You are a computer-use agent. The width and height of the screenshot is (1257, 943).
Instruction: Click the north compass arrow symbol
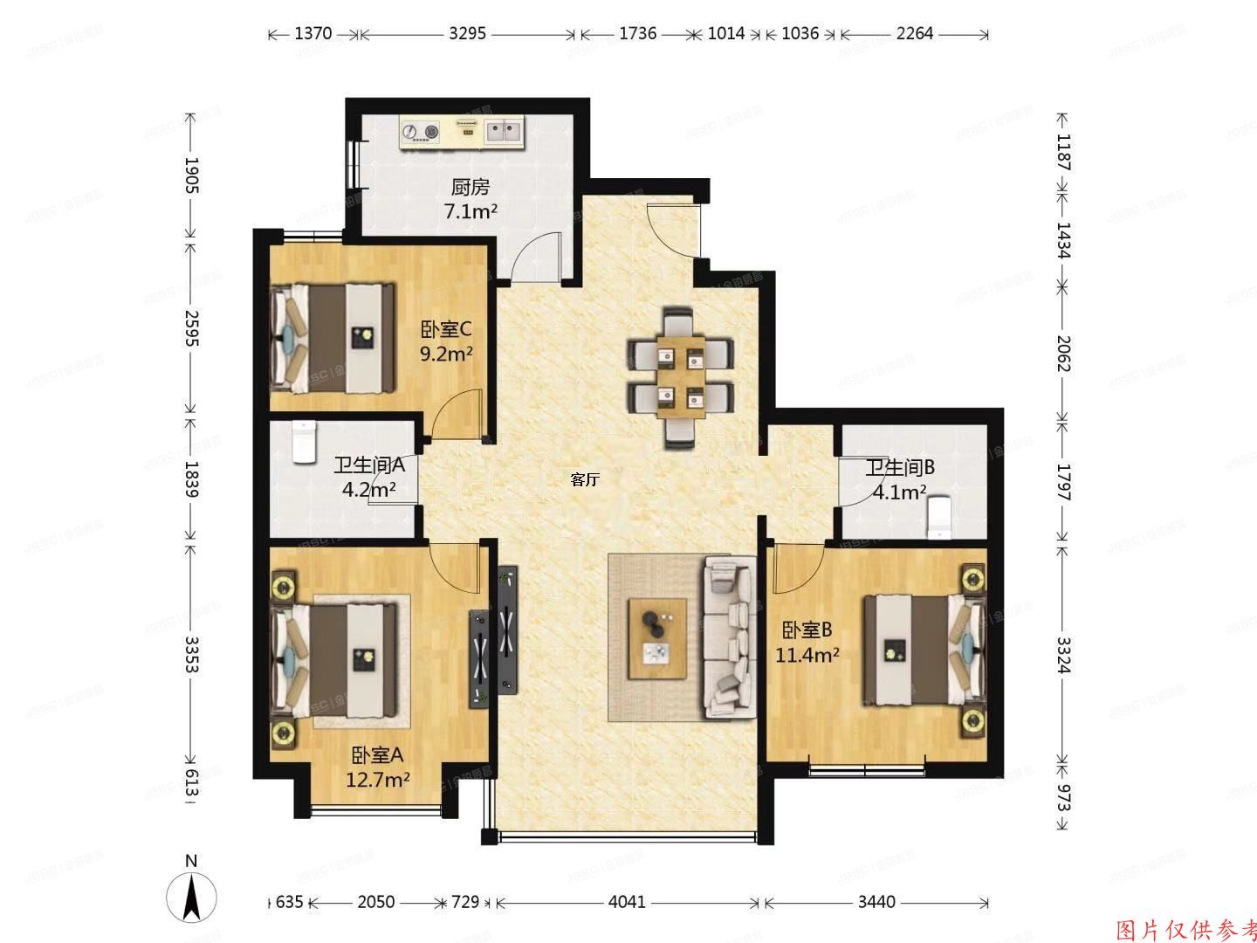192,896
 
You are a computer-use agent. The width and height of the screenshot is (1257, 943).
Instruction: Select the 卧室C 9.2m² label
446,341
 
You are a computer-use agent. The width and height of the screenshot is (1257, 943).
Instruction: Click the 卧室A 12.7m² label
378,767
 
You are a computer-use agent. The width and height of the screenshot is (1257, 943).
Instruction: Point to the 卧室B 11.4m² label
807,642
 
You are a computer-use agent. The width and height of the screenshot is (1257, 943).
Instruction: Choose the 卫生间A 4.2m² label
368,477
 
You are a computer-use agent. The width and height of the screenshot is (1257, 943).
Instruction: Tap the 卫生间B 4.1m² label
899,479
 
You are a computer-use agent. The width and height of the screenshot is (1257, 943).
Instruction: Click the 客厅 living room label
585,479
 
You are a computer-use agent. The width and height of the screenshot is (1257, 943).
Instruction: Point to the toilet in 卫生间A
302,443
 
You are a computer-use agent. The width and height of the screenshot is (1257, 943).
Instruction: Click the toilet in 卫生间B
938,518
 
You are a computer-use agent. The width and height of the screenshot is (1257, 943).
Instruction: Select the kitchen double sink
504,132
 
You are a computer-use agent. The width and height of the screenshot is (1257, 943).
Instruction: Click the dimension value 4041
626,901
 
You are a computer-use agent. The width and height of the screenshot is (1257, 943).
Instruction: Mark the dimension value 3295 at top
468,34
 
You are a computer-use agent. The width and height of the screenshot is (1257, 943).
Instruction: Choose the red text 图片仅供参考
1185,929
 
